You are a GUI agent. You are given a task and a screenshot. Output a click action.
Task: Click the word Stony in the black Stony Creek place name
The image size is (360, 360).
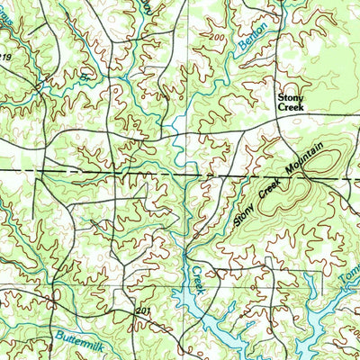pos(290,94)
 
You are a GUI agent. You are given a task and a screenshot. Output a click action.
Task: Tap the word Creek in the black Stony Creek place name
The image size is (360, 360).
pos(290,106)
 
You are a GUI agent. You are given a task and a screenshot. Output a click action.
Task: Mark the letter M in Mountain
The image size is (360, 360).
pos(289,176)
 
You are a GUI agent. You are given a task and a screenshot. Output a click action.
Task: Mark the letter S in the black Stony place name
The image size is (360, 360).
pos(279,94)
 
